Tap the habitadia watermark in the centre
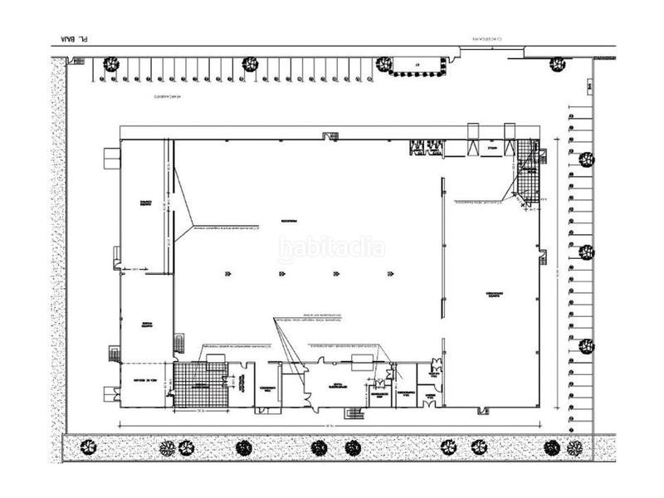pyautogui.click(x=331, y=248)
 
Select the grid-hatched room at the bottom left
pyautogui.click(x=200, y=383)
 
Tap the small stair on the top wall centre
pyautogui.click(x=327, y=135)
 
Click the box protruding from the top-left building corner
pyautogui.click(x=111, y=158)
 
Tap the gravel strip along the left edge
pyautogui.click(x=58, y=249)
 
